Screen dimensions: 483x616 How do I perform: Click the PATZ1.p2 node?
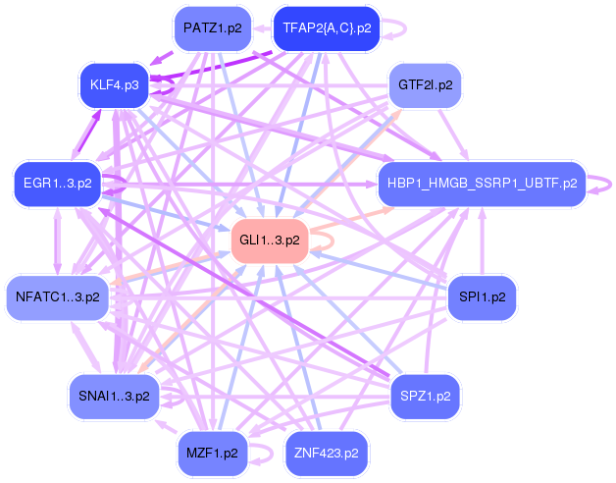[212, 28]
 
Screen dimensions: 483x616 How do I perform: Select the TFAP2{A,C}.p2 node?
[326, 28]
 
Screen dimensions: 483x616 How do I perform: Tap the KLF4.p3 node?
[113, 85]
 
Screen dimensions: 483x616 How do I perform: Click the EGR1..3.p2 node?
[57, 183]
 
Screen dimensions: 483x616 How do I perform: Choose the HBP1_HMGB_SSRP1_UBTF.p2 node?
[481, 183]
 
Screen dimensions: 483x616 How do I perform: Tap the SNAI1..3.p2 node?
[114, 396]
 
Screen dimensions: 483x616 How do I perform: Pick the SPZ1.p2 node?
[426, 396]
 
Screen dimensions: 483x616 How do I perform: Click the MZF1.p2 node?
[212, 454]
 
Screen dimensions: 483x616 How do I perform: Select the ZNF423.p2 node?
[326, 454]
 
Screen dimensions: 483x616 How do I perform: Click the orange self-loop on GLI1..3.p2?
[325, 239]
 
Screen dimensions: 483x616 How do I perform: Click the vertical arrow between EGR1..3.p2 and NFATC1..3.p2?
[57, 240]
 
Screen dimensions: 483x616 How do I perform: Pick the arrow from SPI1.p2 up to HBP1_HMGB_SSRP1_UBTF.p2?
[481, 240]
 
